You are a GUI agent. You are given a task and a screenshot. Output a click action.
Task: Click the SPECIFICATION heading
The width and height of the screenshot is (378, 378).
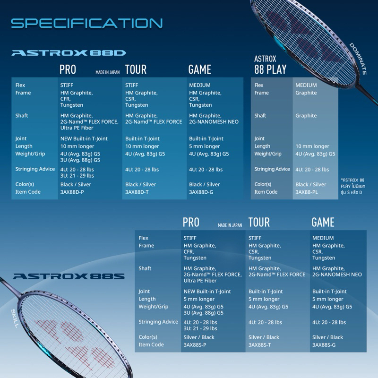pyautogui.click(x=86, y=23)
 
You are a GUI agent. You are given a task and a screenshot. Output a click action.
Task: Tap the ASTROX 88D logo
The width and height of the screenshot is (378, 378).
pyautogui.click(x=69, y=53)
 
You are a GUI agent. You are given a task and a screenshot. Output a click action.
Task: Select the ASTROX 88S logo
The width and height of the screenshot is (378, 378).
pyautogui.click(x=69, y=277)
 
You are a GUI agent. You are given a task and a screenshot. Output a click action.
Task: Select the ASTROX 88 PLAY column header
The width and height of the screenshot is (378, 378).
pyautogui.click(x=270, y=65)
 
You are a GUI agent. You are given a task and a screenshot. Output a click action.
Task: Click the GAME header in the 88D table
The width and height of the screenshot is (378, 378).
pyautogui.click(x=199, y=70)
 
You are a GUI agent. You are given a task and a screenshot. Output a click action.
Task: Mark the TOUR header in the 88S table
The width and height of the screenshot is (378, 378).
pyautogui.click(x=259, y=223)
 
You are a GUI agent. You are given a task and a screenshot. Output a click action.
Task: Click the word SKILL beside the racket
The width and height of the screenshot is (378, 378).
pyautogui.click(x=15, y=318)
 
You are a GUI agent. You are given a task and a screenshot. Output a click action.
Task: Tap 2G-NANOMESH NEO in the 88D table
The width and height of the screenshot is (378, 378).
pyautogui.click(x=214, y=122)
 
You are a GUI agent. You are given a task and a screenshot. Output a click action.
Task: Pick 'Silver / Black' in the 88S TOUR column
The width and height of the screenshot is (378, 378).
pyautogui.click(x=264, y=337)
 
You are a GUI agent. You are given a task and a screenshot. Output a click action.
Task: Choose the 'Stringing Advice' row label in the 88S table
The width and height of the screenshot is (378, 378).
pyautogui.click(x=158, y=322)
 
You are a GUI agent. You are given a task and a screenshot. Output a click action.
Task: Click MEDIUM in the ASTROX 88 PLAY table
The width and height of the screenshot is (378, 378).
pyautogui.click(x=306, y=85)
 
